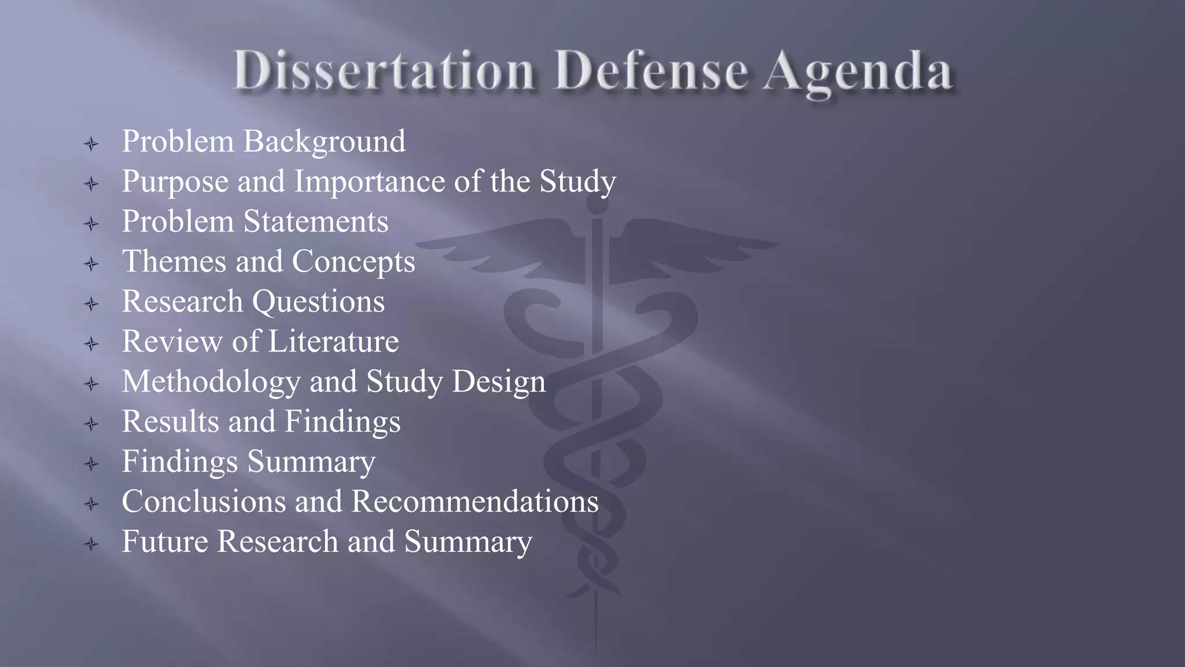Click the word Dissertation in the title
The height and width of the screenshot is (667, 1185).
(x=384, y=71)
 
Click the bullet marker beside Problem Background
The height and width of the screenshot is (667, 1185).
(x=91, y=144)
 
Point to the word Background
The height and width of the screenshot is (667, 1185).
(x=324, y=142)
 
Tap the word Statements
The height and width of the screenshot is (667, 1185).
(x=315, y=222)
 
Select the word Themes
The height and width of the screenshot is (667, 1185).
(x=174, y=261)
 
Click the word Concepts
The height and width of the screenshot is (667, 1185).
(x=354, y=262)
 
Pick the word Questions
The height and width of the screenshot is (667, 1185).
(x=318, y=302)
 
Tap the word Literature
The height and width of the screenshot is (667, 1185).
(x=333, y=341)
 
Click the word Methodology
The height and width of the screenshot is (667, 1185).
(x=211, y=382)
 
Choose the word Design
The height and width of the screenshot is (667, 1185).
(x=498, y=382)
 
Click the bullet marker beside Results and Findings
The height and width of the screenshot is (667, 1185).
(x=91, y=424)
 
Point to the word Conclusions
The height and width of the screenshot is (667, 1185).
(x=204, y=501)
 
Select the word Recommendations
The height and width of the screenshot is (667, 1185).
(x=474, y=501)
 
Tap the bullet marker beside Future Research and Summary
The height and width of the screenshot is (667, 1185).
(x=91, y=544)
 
